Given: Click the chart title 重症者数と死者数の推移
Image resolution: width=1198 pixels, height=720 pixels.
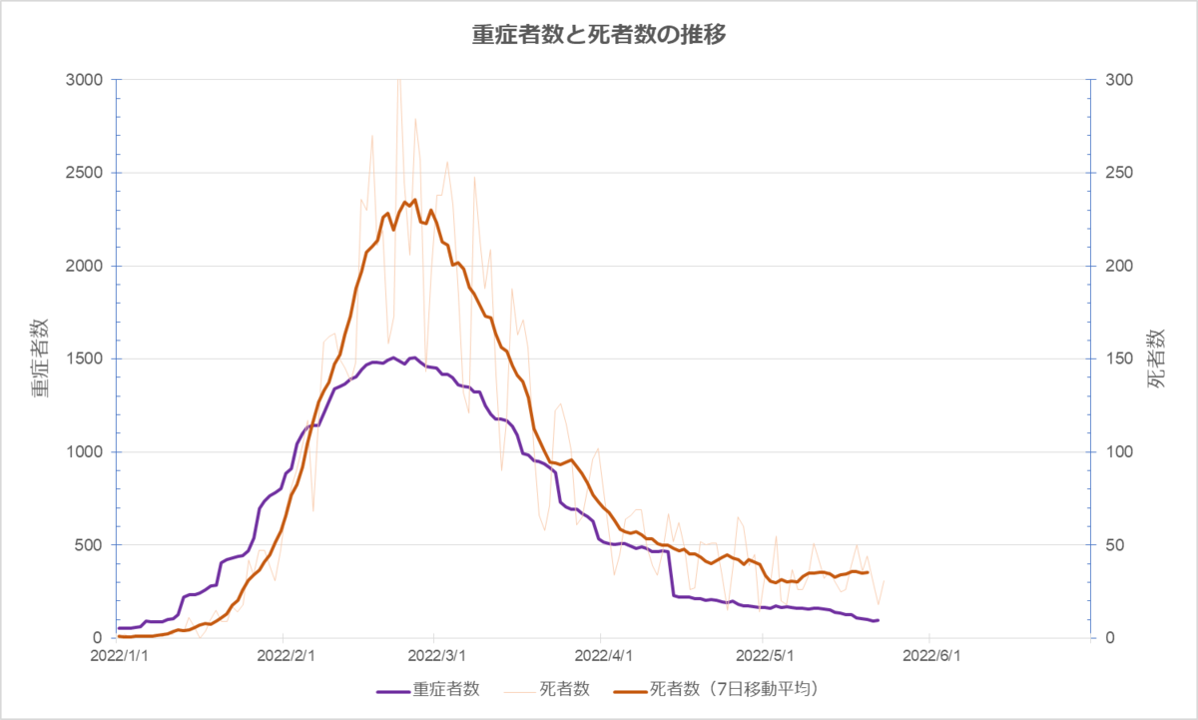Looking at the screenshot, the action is click(599, 35).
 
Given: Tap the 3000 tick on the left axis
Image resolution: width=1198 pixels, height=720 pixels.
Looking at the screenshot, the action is click(84, 80).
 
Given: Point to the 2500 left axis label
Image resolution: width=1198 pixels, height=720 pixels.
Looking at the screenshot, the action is click(84, 173).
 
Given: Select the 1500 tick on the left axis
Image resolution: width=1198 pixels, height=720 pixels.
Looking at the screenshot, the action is click(84, 359).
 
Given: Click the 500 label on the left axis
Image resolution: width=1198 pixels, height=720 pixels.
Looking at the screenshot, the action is click(88, 545).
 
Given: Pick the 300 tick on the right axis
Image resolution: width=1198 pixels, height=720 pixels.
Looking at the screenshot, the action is click(1119, 80).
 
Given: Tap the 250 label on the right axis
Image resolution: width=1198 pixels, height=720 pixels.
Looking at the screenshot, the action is click(1119, 173).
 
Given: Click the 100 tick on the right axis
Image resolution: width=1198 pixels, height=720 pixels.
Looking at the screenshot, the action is click(1119, 452).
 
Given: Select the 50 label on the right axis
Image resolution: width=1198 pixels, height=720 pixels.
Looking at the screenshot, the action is click(1114, 545).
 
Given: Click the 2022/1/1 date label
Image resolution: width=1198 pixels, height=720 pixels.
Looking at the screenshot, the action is click(119, 656).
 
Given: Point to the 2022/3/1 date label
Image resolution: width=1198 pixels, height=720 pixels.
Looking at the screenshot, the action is click(436, 656).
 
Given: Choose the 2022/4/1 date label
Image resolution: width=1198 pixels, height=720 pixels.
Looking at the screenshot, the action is click(603, 656).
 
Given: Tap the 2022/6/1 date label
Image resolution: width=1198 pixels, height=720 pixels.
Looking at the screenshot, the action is click(931, 656).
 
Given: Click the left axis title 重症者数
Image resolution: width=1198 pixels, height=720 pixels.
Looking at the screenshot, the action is click(40, 359).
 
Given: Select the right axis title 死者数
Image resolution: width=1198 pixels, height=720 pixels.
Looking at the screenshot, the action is click(1156, 359).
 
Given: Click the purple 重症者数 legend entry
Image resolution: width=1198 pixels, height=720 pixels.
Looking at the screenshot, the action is click(428, 689).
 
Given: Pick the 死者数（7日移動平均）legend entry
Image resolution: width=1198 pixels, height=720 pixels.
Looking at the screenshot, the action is click(717, 689).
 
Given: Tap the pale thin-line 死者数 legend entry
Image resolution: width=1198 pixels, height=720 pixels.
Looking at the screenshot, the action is click(547, 689).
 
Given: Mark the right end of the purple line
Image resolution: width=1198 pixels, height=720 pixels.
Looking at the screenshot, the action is click(879, 620).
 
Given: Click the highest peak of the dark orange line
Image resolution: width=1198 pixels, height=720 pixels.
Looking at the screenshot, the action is click(415, 200).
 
